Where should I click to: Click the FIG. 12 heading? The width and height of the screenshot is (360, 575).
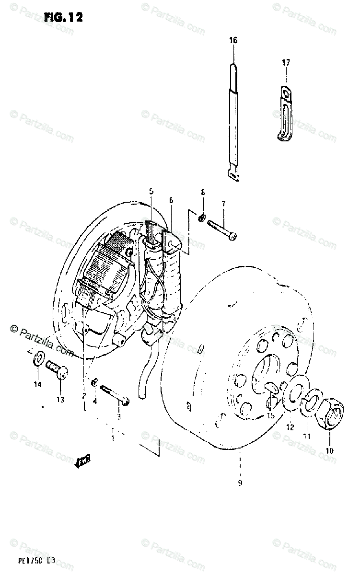pyautogui.click(x=63, y=17)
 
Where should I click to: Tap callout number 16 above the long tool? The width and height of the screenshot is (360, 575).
pyautogui.click(x=233, y=41)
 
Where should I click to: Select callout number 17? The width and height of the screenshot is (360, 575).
pyautogui.click(x=286, y=62)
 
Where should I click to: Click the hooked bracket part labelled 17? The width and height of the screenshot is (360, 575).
pyautogui.click(x=286, y=113)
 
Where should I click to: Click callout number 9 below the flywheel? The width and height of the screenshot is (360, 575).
pyautogui.click(x=240, y=483)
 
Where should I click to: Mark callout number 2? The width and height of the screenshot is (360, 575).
pyautogui.click(x=83, y=396)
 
